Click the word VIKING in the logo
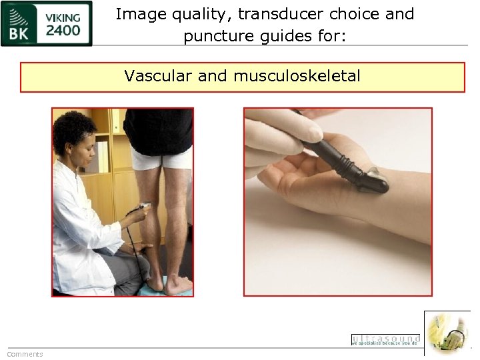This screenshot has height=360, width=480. (x=63, y=17)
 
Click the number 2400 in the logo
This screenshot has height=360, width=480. (x=63, y=30)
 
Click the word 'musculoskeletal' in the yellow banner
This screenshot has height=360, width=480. (x=297, y=76)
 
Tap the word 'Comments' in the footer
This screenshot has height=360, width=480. (x=25, y=354)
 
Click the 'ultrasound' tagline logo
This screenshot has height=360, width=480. (x=385, y=339)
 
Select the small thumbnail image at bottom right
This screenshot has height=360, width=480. (x=448, y=333)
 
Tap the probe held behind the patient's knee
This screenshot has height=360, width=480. (x=143, y=207)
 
